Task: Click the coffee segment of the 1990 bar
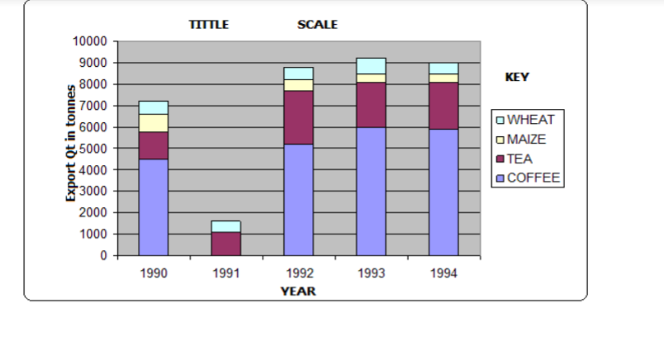click(x=154, y=206)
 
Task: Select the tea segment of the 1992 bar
click(x=298, y=117)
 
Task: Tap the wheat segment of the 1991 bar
click(x=225, y=226)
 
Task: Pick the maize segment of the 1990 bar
click(x=154, y=123)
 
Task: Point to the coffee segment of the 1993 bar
click(x=371, y=191)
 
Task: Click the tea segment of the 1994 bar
click(x=443, y=106)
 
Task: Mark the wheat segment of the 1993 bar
click(x=371, y=66)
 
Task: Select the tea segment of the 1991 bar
click(x=225, y=244)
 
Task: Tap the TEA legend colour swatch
click(x=500, y=159)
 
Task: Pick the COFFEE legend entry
click(x=529, y=178)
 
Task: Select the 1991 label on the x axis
click(x=225, y=272)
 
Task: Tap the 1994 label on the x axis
click(x=443, y=272)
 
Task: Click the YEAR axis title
click(x=297, y=291)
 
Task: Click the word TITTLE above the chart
click(x=209, y=25)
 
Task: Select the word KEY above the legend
click(x=517, y=77)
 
